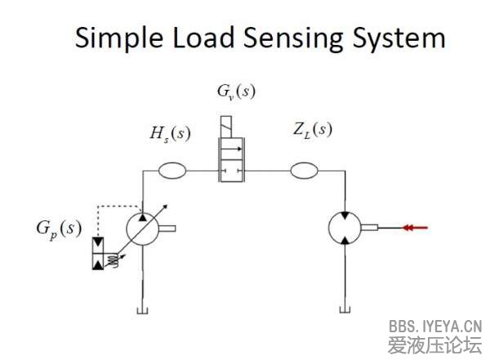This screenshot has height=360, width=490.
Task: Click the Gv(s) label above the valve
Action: [236, 91]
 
